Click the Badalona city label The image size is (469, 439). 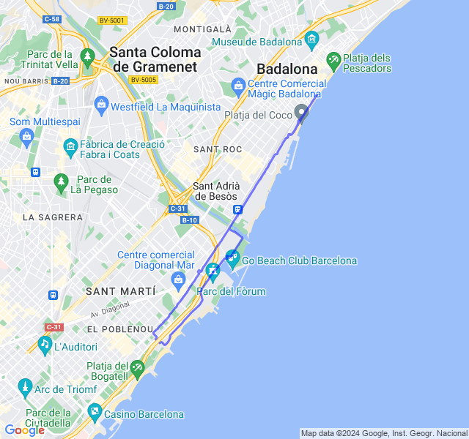[x=287, y=70]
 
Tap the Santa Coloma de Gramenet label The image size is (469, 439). [x=155, y=59]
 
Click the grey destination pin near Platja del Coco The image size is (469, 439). [x=301, y=112]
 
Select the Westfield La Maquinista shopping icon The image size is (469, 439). [x=100, y=107]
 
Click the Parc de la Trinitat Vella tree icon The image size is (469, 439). [x=88, y=56]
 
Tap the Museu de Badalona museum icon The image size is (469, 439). [x=314, y=39]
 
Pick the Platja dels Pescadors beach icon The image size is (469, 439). [x=333, y=59]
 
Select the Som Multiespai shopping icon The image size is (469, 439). [x=27, y=135]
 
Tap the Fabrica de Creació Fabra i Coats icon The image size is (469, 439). [x=70, y=146]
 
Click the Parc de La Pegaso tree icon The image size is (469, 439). [x=62, y=180]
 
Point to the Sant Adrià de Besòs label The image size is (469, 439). [x=215, y=191]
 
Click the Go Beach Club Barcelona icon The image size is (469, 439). [x=232, y=257]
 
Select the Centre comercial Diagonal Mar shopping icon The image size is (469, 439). [x=178, y=279]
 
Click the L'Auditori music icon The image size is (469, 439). [x=45, y=343]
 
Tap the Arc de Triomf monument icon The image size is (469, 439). [x=25, y=386]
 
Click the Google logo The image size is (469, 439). [x=24, y=430]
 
